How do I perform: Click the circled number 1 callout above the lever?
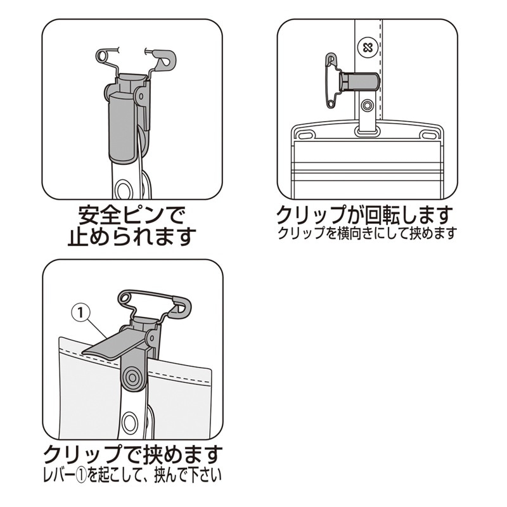pos(81,312)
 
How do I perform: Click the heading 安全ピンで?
pos(132,215)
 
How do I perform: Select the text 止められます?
pos(132,237)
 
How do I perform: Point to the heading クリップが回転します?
pos(364,215)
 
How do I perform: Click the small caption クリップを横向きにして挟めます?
pos(368,233)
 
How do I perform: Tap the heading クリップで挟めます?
pos(133,454)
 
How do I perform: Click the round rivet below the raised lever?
pos(132,377)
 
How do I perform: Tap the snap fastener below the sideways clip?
pos(367,105)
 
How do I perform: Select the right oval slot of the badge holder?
pos(429,134)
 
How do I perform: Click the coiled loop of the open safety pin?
pos(102,56)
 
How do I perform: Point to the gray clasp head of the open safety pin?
pos(164,59)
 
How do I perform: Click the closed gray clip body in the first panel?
pos(122,128)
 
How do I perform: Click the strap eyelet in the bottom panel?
pos(130,421)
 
